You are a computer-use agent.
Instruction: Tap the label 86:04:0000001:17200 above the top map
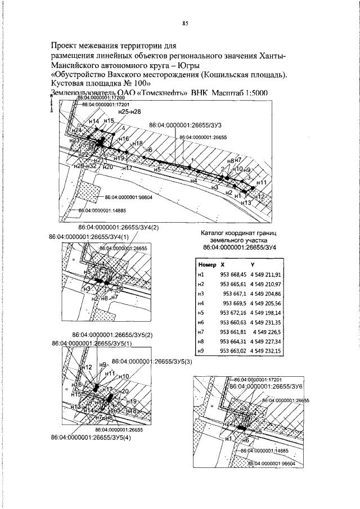[x=100, y=98]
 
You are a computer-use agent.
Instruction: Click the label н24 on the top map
[x=77, y=130]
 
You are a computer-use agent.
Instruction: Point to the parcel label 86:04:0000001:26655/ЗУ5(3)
[x=152, y=361]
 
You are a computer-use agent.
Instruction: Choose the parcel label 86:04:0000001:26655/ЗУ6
[x=266, y=387]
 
